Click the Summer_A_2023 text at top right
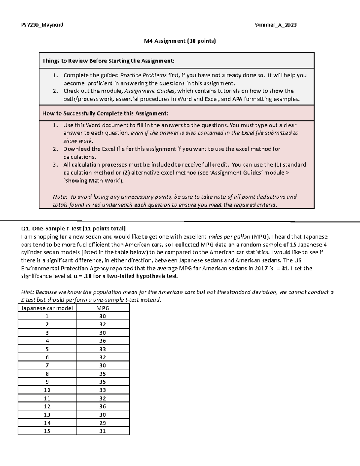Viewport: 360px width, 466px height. [x=276, y=25]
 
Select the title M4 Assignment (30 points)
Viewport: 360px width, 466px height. [x=180, y=41]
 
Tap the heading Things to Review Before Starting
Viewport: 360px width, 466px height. [x=108, y=61]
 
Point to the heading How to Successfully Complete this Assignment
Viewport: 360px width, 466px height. [x=105, y=113]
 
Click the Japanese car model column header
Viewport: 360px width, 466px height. [x=47, y=308]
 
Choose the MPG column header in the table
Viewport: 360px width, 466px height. [x=103, y=308]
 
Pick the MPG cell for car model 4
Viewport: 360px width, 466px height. [x=103, y=341]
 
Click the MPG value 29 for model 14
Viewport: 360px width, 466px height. [x=103, y=423]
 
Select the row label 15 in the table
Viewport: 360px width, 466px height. [x=47, y=431]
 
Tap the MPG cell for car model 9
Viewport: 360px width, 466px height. [x=103, y=382]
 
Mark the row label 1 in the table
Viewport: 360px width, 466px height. [x=47, y=316]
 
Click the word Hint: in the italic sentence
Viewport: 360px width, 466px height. [x=28, y=292]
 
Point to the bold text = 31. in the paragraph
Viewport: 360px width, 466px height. [x=284, y=269]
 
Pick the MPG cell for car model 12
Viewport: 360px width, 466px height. [x=103, y=407]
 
